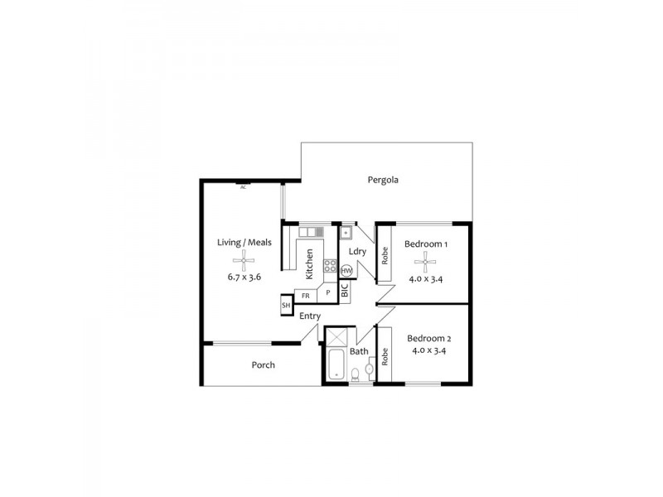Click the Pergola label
(384, 179)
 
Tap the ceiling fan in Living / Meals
(244, 263)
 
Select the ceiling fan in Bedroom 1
(426, 263)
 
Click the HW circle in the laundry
(346, 271)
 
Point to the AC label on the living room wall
(244, 187)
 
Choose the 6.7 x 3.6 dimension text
(244, 277)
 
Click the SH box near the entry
(287, 306)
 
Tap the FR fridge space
(305, 295)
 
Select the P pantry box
(328, 293)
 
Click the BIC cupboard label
(345, 292)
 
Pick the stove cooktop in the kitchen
(329, 266)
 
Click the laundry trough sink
(348, 234)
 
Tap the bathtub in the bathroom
(336, 365)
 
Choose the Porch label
(263, 364)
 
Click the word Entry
(310, 316)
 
